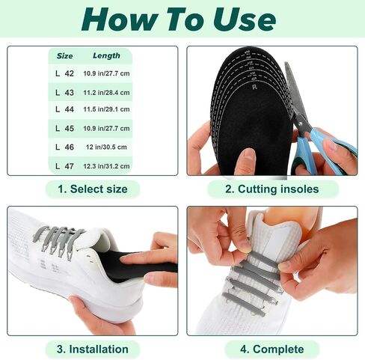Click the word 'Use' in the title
(x=245, y=19)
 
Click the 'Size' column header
(x=64, y=56)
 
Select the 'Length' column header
(x=106, y=55)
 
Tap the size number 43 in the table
(x=69, y=93)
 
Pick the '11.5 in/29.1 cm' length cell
(x=106, y=109)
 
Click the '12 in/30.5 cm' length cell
(x=106, y=147)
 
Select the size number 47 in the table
(x=69, y=166)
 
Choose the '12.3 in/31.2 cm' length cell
(x=106, y=166)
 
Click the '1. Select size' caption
(x=93, y=189)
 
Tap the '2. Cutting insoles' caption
(x=272, y=189)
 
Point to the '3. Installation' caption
(x=93, y=349)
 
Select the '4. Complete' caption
(x=272, y=349)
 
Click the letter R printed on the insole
(x=254, y=88)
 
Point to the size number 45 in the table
(x=69, y=128)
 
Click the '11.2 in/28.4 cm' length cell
(x=106, y=93)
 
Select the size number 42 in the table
(x=69, y=73)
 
